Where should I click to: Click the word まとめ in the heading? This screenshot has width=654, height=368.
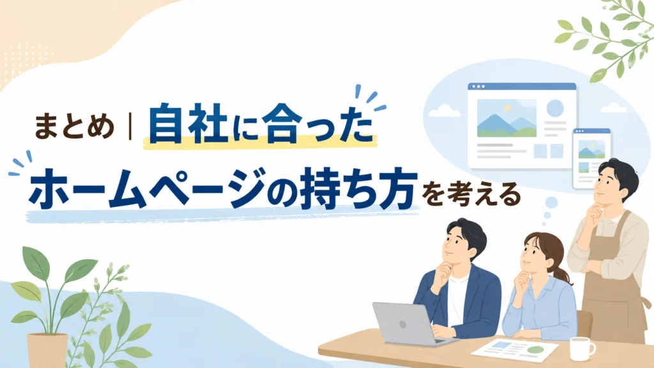click(74, 127)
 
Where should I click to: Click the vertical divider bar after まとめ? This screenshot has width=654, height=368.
click(130, 127)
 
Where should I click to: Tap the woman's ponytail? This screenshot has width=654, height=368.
click(561, 273)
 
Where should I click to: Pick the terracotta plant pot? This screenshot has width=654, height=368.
click(47, 351)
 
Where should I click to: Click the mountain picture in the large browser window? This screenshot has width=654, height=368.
click(506, 118)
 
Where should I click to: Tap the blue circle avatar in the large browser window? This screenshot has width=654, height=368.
click(555, 108)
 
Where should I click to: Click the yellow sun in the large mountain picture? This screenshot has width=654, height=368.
click(507, 107)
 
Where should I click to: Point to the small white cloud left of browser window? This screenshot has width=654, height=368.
click(442, 110)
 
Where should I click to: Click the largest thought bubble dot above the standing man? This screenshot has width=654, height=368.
click(551, 203)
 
